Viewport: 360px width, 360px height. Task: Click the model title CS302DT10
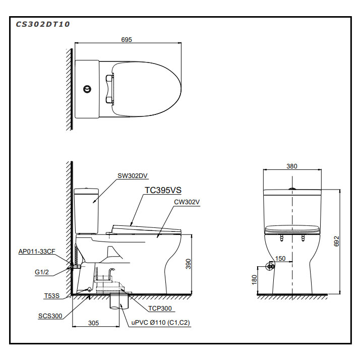(42, 24)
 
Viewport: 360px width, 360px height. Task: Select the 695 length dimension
(127, 39)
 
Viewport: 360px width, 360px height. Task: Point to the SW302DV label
(133, 175)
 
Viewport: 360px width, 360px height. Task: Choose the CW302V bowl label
(187, 202)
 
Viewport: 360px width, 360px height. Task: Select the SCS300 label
(50, 316)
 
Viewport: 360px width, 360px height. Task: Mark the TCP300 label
(160, 308)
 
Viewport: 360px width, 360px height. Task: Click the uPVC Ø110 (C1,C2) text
(160, 322)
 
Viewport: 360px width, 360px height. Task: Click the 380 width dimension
(292, 166)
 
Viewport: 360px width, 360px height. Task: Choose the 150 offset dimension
(280, 259)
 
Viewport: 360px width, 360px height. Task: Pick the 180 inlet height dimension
(254, 278)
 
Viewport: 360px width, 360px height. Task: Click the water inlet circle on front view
(271, 265)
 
